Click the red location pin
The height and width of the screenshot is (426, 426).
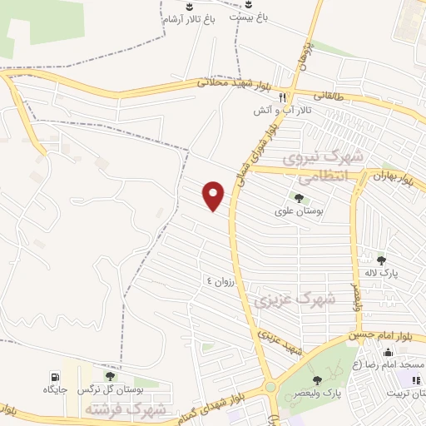click(214, 195)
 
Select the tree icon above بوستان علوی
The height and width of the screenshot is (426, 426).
click(299, 198)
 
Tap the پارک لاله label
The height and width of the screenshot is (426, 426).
click(384, 272)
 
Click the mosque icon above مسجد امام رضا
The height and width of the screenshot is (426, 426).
click(391, 352)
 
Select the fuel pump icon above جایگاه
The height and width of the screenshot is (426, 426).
click(55, 376)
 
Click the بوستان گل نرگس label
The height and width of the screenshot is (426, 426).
click(110, 389)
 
